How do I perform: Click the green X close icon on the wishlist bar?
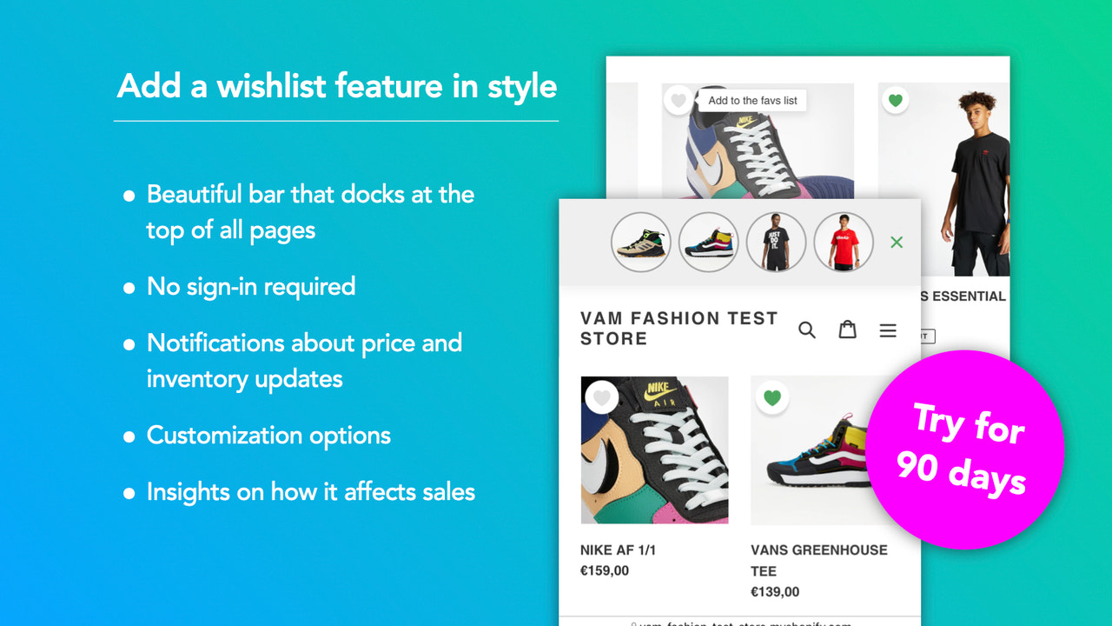(897, 243)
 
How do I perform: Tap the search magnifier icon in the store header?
(807, 330)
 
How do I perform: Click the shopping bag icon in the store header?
(847, 330)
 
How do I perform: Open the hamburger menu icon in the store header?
(888, 330)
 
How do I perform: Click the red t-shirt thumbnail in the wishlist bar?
(844, 242)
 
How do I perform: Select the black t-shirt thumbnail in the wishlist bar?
(776, 242)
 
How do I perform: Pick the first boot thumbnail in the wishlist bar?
(640, 242)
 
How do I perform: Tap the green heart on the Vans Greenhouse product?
(771, 398)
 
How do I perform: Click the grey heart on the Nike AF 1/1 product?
(601, 398)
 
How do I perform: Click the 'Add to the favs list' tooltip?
(752, 101)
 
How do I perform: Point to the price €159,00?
(605, 571)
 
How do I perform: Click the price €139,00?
(775, 592)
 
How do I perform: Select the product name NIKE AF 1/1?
(618, 550)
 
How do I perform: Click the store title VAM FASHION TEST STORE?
(678, 329)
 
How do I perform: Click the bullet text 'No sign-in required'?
(251, 286)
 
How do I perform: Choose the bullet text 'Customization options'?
(268, 435)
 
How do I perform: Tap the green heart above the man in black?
(896, 100)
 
